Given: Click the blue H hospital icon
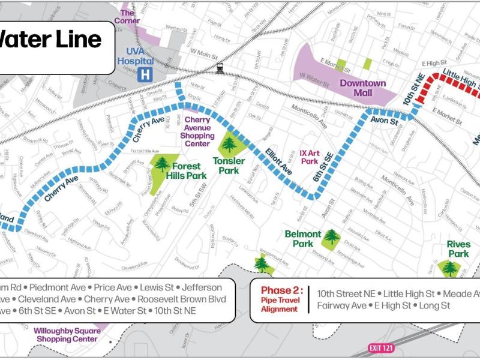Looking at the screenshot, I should tap(144, 75).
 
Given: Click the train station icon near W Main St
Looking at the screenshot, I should tap(220, 68).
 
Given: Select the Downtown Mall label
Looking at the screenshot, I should tap(363, 88).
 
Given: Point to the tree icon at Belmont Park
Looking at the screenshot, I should tap(331, 237).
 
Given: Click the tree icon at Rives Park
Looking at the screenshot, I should tap(449, 268).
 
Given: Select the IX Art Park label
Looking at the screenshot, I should tap(308, 157).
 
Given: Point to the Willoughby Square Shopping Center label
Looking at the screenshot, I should tap(66, 335).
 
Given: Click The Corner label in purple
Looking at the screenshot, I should tap(130, 16).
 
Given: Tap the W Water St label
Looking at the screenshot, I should tap(315, 75).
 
